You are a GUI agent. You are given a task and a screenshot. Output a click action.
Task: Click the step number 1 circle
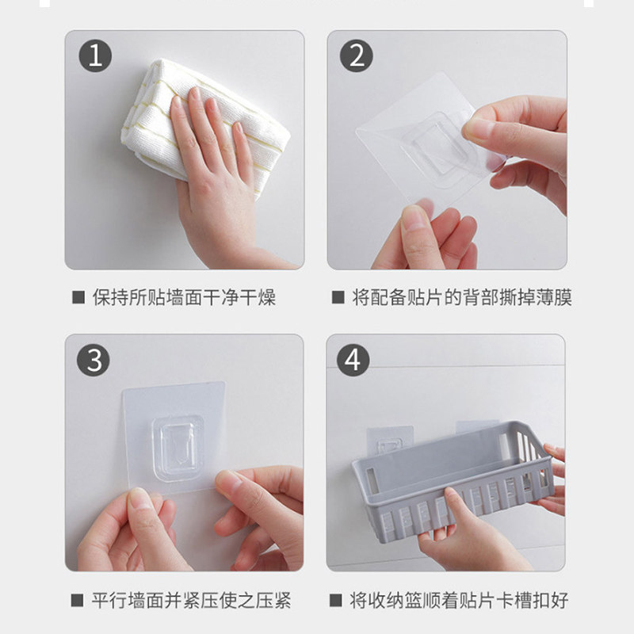click(x=95, y=55)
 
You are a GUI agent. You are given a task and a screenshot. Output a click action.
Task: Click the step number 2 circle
click(x=356, y=55)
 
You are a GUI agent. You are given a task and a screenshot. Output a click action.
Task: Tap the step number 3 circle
click(x=94, y=360)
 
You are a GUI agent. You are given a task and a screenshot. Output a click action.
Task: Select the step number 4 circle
click(x=353, y=360)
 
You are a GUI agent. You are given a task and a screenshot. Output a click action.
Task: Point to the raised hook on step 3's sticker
click(x=178, y=448)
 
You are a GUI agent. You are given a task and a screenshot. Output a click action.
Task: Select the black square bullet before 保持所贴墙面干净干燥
click(x=78, y=297)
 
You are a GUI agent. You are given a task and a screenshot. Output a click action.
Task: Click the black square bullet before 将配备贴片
click(x=338, y=297)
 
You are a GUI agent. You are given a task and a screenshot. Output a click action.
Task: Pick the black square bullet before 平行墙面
click(x=77, y=600)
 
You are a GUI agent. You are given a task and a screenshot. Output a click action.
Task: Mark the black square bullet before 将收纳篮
click(x=335, y=600)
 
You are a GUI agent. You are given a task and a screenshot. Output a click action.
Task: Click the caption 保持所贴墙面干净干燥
click(x=185, y=297)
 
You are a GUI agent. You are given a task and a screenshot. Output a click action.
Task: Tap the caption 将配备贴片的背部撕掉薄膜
click(x=462, y=297)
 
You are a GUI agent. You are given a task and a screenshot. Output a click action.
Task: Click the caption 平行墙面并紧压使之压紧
click(x=191, y=601)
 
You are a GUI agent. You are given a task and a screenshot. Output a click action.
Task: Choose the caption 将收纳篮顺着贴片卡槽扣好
click(x=460, y=601)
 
